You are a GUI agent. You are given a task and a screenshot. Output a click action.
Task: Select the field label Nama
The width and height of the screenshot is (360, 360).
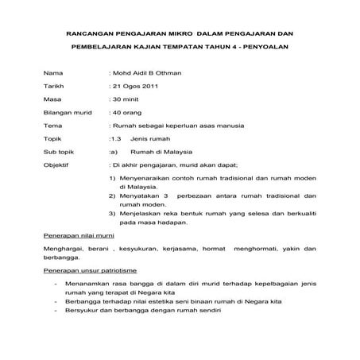[x=52, y=83]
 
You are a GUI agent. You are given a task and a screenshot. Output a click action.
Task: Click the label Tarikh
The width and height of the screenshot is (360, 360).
[x=54, y=99]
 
